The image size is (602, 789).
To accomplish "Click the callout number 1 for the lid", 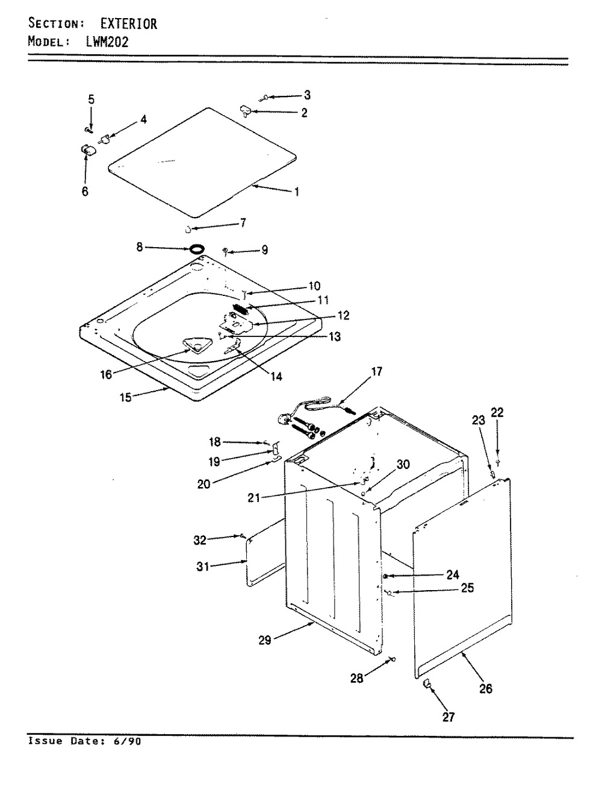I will point(297,192).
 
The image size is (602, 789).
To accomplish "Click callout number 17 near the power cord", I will point(376,372).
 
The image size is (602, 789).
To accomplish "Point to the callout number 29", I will point(265,641).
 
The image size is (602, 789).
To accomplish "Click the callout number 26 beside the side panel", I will point(485,688).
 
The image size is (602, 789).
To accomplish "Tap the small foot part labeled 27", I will point(427,683).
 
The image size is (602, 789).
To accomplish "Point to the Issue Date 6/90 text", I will point(85,741).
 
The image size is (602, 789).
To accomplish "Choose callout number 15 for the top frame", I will point(125,398).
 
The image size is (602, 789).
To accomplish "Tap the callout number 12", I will point(343,315).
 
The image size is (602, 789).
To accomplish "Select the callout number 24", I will point(453,574).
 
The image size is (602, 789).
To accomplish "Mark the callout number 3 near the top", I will point(307,95).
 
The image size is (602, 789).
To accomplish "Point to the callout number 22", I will point(497,413).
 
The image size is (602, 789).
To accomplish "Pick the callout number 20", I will point(205,483).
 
